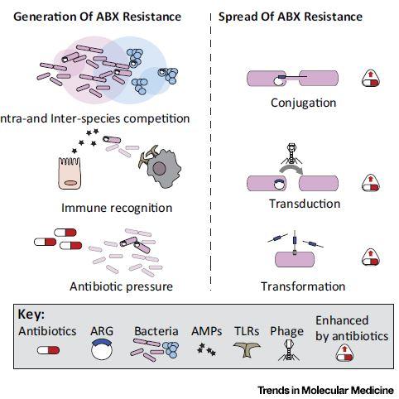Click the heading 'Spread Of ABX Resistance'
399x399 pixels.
pyautogui.click(x=291, y=16)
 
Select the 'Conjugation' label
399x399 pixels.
pyautogui.click(x=303, y=103)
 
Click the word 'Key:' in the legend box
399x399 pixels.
pyautogui.click(x=31, y=315)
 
